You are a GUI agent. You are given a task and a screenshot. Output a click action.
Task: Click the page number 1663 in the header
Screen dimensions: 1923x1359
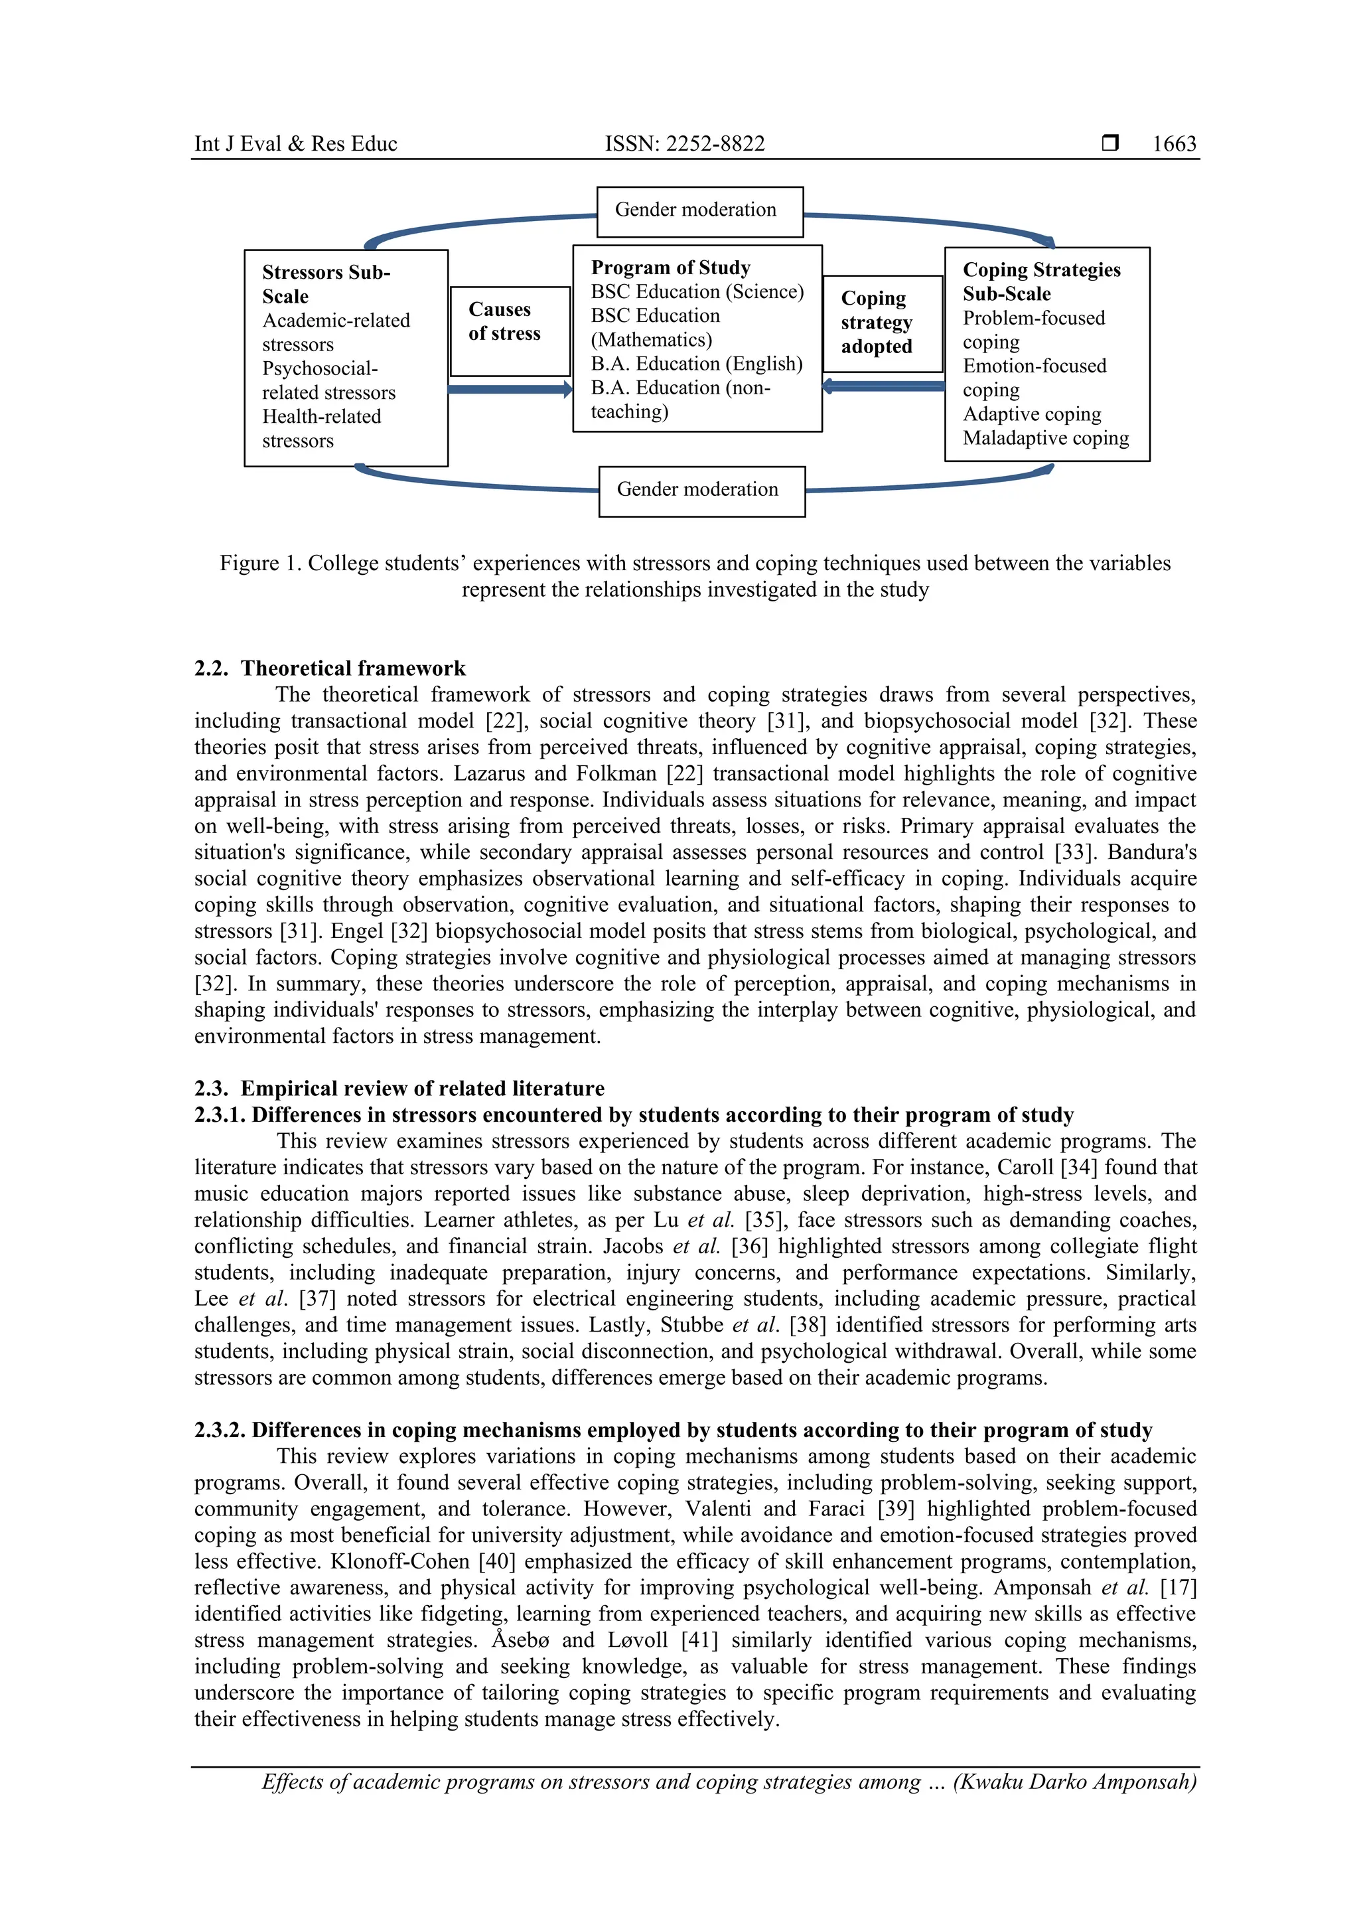[x=1174, y=144]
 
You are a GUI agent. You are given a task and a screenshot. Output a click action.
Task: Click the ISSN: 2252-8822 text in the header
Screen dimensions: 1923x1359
[x=684, y=144]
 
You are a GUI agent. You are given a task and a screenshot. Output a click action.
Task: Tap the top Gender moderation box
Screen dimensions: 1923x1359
[x=699, y=211]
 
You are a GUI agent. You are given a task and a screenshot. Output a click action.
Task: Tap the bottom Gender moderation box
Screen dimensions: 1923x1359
[x=701, y=491]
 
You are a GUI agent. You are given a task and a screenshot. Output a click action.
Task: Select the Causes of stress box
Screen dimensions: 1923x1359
[x=509, y=331]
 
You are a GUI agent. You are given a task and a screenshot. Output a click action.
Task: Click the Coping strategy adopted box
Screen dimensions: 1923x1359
[x=882, y=323]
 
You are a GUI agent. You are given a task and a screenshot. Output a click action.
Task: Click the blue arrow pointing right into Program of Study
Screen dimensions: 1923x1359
[x=509, y=390]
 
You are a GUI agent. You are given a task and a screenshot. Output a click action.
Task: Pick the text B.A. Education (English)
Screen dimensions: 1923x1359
[x=696, y=364]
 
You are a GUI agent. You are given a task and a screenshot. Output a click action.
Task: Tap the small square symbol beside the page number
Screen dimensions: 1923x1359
[x=1109, y=143]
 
